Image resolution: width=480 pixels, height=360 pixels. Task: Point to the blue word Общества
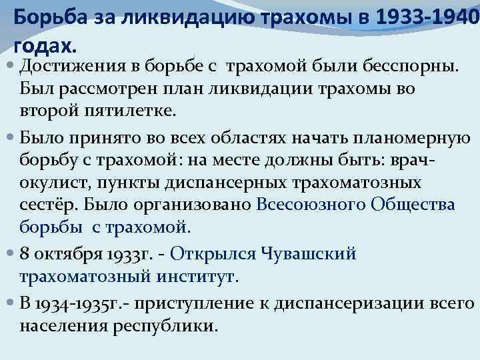(x=414, y=205)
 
